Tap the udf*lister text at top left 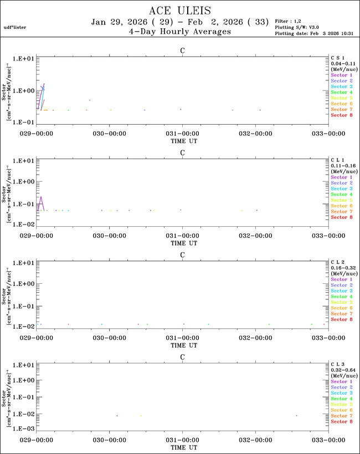(15, 27)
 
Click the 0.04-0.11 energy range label (342, 63)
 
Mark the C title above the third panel (182, 254)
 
